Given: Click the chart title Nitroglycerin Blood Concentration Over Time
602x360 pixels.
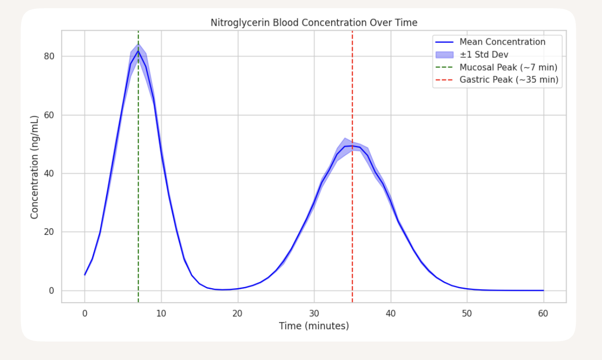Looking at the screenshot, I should (x=314, y=23).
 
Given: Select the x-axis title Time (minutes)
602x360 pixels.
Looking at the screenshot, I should (x=314, y=326).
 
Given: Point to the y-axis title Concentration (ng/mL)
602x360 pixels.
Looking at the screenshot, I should (x=35, y=167).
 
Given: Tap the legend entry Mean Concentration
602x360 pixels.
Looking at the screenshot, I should (x=502, y=42).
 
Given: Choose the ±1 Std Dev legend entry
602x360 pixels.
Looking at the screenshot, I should (x=484, y=54).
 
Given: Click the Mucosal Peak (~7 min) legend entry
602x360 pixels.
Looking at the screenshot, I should (x=508, y=67).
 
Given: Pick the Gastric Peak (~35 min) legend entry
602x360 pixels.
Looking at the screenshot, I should (x=509, y=80).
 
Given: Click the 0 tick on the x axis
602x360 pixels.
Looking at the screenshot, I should (x=85, y=313).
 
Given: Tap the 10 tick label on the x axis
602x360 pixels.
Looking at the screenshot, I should (x=161, y=313).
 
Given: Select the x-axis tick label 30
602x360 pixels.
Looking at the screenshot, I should (x=314, y=313).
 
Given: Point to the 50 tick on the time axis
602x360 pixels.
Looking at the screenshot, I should (x=467, y=313).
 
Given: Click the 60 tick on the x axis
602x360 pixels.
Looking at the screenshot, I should (x=543, y=313).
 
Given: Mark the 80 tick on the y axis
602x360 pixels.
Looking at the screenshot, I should (x=50, y=56).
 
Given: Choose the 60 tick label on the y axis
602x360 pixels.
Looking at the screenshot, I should (x=50, y=115).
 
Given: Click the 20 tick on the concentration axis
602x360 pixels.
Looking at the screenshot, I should (x=50, y=232).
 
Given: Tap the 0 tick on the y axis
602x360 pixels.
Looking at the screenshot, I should (x=52, y=291).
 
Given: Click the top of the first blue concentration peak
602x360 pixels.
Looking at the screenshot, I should (x=138, y=51).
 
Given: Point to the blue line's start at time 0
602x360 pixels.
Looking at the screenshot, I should (x=85, y=275).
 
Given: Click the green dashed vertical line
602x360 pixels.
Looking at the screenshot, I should (x=138, y=179).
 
